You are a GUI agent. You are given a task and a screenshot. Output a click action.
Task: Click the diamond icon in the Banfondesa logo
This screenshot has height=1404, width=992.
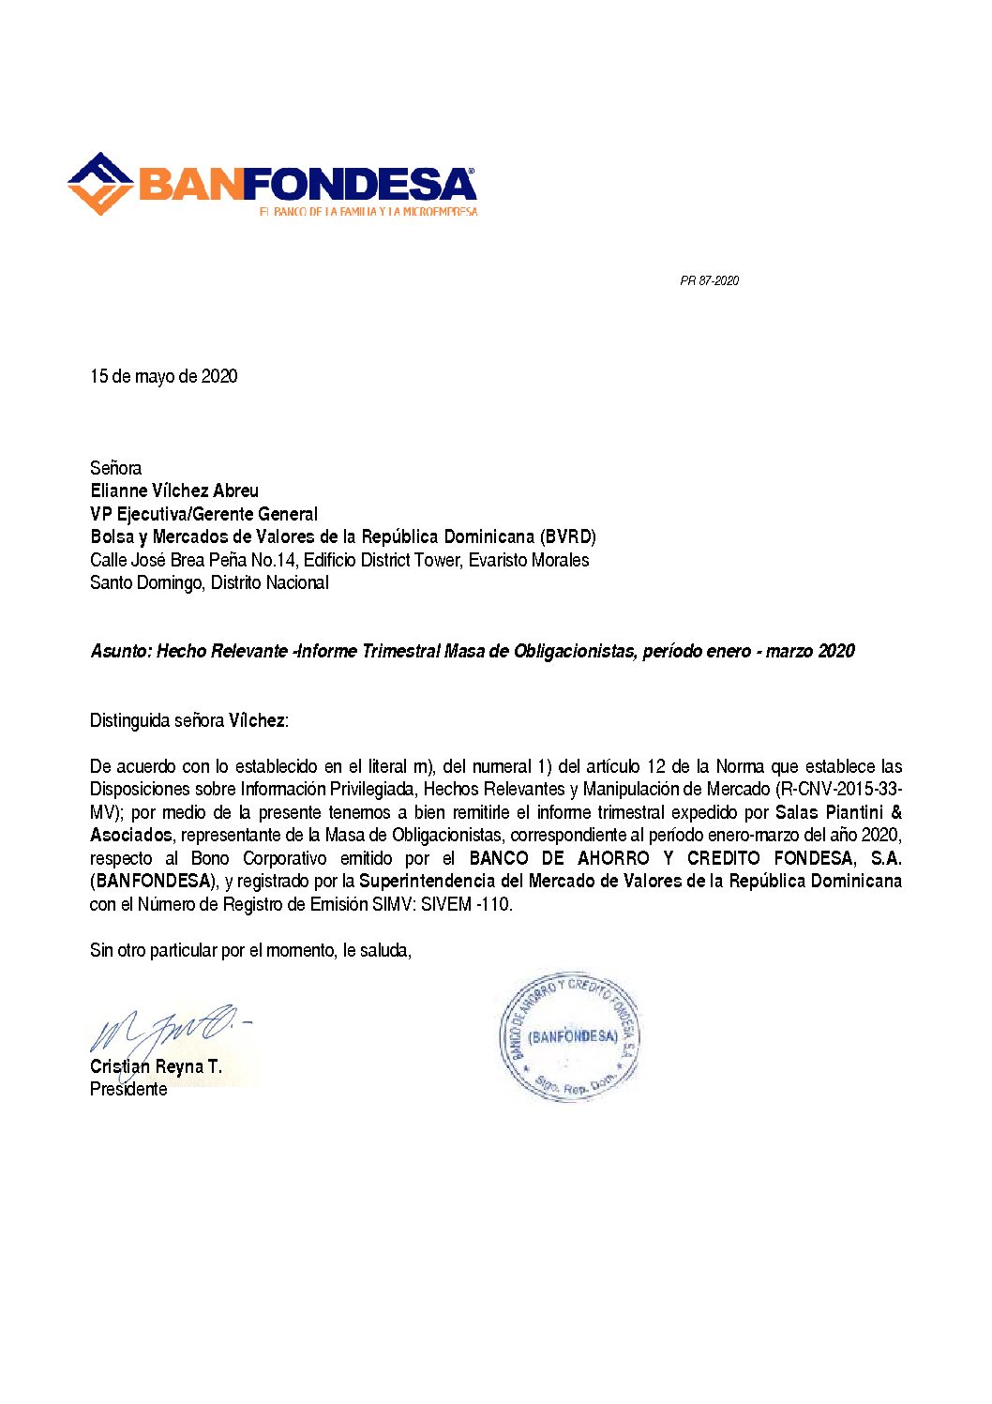pyautogui.click(x=100, y=183)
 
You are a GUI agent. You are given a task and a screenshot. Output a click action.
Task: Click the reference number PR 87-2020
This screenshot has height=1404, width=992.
pyautogui.click(x=709, y=280)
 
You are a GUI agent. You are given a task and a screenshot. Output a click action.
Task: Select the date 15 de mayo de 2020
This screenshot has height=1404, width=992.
pyautogui.click(x=164, y=376)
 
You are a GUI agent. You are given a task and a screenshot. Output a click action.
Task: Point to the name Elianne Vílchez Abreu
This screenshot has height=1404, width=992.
pyautogui.click(x=174, y=491)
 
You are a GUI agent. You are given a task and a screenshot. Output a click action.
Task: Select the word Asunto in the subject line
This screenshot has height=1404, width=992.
pyautogui.click(x=119, y=651)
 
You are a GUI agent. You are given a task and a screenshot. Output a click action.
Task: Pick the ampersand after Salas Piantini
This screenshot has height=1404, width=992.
pyautogui.click(x=896, y=812)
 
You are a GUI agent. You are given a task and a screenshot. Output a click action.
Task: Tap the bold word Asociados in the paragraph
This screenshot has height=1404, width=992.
pyautogui.click(x=131, y=835)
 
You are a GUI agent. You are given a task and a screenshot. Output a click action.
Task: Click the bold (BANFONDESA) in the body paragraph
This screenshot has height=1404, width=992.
pyautogui.click(x=154, y=881)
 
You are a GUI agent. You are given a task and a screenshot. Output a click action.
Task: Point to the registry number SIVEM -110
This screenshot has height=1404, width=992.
pyautogui.click(x=466, y=904)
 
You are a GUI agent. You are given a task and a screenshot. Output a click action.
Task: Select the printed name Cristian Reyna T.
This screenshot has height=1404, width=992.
pyautogui.click(x=156, y=1066)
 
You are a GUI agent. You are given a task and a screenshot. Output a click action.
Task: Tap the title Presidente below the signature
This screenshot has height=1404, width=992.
pyautogui.click(x=128, y=1089)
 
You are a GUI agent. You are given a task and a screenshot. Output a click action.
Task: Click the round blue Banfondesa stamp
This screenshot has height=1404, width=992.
pyautogui.click(x=570, y=1036)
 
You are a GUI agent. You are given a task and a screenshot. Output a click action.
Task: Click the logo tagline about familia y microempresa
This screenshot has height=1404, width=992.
pyautogui.click(x=368, y=212)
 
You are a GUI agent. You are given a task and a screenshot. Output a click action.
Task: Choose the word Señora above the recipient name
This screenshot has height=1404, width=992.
pyautogui.click(x=116, y=468)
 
